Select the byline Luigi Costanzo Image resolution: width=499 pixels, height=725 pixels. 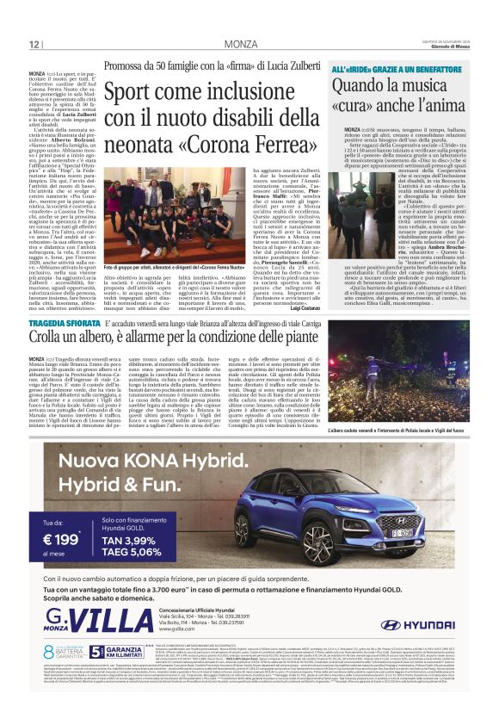pyautogui.click(x=302, y=307)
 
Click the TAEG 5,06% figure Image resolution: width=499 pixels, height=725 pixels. pyautogui.click(x=133, y=551)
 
